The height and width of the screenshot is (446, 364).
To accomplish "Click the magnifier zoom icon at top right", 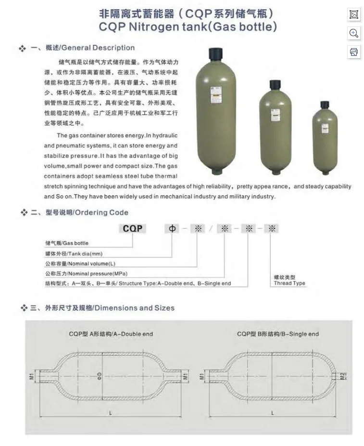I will [x=353, y=33].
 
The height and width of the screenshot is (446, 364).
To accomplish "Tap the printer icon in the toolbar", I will [x=353, y=52].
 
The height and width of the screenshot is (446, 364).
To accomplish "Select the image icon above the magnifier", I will [x=353, y=14].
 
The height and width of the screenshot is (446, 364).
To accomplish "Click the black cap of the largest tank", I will [x=214, y=52].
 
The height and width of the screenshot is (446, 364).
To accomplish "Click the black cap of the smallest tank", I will [x=325, y=105].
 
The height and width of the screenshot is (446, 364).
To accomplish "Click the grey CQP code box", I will [x=132, y=228].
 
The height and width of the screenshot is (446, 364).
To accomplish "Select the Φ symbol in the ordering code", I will [x=172, y=228].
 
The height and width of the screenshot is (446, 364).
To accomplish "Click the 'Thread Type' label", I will [x=289, y=283].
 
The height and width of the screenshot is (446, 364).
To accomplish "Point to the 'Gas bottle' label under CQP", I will [x=67, y=243].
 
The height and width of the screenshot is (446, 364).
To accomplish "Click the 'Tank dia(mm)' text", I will [x=74, y=253].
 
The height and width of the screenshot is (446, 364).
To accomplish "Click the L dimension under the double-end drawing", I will [x=110, y=413].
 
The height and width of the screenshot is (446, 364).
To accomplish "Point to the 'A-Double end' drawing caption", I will [x=111, y=333].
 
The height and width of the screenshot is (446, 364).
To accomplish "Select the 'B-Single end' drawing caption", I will [x=278, y=333].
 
